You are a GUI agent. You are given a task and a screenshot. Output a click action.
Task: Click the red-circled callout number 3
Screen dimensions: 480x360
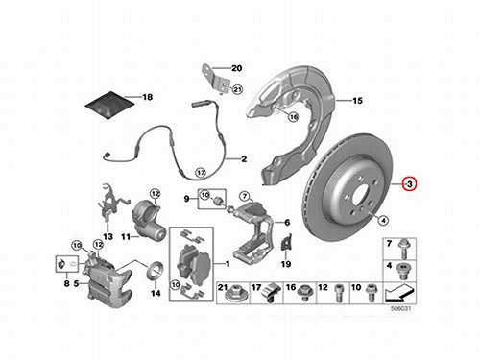click(x=410, y=184)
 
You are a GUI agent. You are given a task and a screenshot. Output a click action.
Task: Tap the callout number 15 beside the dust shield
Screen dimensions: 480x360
click(x=357, y=101)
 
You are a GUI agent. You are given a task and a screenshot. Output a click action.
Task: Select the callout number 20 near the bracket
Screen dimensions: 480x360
click(x=236, y=68)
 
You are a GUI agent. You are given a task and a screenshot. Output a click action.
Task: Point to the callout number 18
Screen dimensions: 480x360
click(x=147, y=97)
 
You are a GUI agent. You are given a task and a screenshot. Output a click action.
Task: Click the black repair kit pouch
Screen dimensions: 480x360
click(x=109, y=105)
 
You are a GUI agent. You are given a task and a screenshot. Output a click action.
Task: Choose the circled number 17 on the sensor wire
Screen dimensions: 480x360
click(x=201, y=173)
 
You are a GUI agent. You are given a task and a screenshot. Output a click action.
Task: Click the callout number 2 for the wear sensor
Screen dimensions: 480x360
click(x=244, y=158)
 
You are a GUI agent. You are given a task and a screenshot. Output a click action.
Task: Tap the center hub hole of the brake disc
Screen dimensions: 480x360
click(x=361, y=194)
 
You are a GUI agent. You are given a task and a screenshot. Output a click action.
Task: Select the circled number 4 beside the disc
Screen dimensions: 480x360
click(x=383, y=220)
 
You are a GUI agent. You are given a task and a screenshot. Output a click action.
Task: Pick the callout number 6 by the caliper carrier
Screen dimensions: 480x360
click(x=287, y=222)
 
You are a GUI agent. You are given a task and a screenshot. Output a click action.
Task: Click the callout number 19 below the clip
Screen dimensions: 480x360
click(x=286, y=264)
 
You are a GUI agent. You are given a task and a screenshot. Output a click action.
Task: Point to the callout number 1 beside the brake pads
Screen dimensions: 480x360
click(x=228, y=264)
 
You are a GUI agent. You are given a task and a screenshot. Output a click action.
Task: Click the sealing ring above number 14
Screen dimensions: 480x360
click(x=156, y=270)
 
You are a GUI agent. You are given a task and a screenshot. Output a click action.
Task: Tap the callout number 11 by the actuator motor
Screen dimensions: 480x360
click(x=126, y=237)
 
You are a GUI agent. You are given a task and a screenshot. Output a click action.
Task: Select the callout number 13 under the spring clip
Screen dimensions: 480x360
click(x=108, y=236)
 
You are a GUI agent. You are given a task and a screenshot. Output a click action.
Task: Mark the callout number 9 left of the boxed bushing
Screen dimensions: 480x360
click(x=187, y=199)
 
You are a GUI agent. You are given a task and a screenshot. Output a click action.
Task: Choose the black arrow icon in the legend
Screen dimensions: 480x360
click(x=399, y=293)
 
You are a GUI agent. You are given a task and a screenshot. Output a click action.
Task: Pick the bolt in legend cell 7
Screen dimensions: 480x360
click(x=403, y=250)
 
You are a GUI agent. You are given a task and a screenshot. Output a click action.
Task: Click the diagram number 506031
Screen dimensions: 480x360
click(x=400, y=309)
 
